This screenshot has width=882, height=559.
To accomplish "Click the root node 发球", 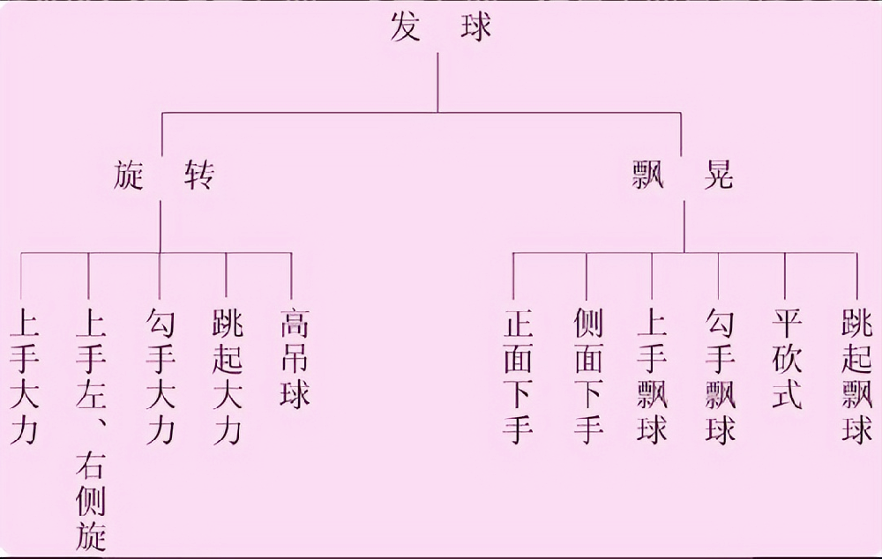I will tap(440, 27).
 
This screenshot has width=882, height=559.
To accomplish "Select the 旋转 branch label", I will tap(164, 177).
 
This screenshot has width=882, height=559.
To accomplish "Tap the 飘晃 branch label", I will tap(683, 177).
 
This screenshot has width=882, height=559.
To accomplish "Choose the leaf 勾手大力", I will tap(160, 375).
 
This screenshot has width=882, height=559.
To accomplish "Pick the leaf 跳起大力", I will tap(227, 375).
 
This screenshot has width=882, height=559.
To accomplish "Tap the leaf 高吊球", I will tap(295, 357).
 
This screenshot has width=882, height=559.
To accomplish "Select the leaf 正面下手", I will tap(519, 375).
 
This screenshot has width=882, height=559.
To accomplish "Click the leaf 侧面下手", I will tap(587, 375).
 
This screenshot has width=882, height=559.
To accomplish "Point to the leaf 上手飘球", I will tap(653, 375).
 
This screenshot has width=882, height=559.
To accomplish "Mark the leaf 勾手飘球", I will tap(720, 375).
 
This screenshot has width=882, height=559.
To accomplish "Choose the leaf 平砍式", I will tap(786, 357).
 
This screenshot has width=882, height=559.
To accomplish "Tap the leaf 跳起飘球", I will tap(856, 375).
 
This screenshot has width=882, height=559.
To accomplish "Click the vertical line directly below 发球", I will tap(438, 84).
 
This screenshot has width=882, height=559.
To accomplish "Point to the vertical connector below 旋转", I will tap(160, 227).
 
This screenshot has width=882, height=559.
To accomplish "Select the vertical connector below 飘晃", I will tap(684, 227).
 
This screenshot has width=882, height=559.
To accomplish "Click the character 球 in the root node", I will tap(477, 27).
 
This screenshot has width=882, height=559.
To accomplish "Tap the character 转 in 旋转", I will tap(198, 177).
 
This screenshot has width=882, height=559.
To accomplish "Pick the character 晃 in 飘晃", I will tap(718, 177).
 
